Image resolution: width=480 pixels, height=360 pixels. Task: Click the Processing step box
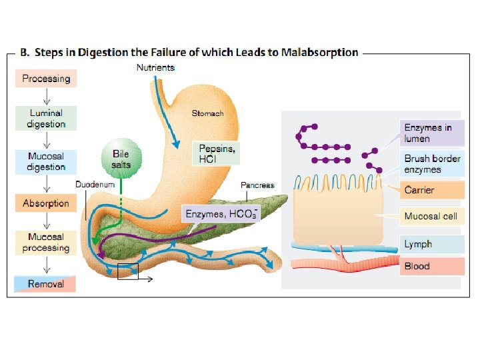(x=46, y=79)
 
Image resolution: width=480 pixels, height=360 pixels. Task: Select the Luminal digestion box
(x=46, y=119)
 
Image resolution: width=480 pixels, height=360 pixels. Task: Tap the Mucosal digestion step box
(x=46, y=161)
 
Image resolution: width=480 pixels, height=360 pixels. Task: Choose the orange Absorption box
(x=45, y=203)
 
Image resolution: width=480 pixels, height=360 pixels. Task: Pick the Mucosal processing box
(x=46, y=243)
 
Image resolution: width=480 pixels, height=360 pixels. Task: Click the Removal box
(x=45, y=284)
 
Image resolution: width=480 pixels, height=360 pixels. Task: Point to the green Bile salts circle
(x=121, y=159)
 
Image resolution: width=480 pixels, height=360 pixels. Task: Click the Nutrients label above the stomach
(x=155, y=67)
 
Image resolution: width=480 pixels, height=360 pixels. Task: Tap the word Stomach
(x=207, y=113)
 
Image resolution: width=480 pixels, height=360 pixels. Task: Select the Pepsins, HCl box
(x=217, y=154)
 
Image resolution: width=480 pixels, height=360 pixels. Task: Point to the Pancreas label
(x=257, y=185)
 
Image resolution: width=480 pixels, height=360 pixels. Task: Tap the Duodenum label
(x=95, y=184)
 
